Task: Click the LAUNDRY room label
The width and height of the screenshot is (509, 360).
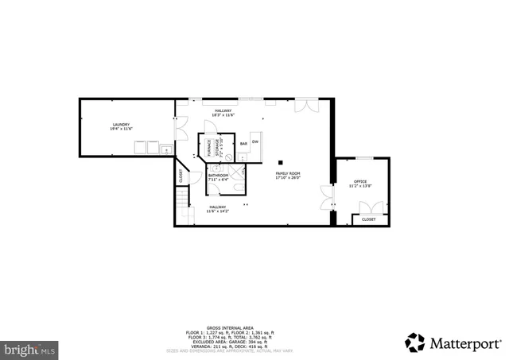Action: (x=121, y=125)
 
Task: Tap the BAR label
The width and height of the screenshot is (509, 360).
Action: (x=243, y=144)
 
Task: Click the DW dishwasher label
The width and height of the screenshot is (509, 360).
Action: (x=255, y=143)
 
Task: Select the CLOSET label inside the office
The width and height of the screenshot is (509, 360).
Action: (x=368, y=219)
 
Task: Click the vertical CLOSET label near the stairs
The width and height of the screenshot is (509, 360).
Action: (x=181, y=176)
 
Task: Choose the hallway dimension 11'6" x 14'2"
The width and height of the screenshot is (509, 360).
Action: (x=217, y=211)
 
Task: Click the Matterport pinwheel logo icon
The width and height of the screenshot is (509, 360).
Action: (x=414, y=343)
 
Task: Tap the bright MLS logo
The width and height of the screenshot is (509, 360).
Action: (x=29, y=348)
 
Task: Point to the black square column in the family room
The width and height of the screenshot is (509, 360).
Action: (x=281, y=163)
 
